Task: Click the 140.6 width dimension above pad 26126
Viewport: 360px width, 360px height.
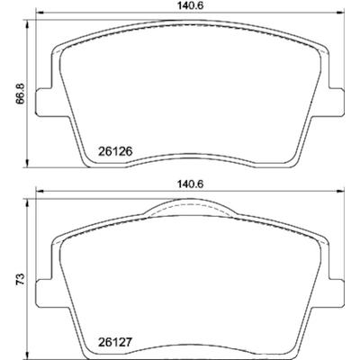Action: point(190,5)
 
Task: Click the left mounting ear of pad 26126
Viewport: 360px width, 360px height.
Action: point(43,100)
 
